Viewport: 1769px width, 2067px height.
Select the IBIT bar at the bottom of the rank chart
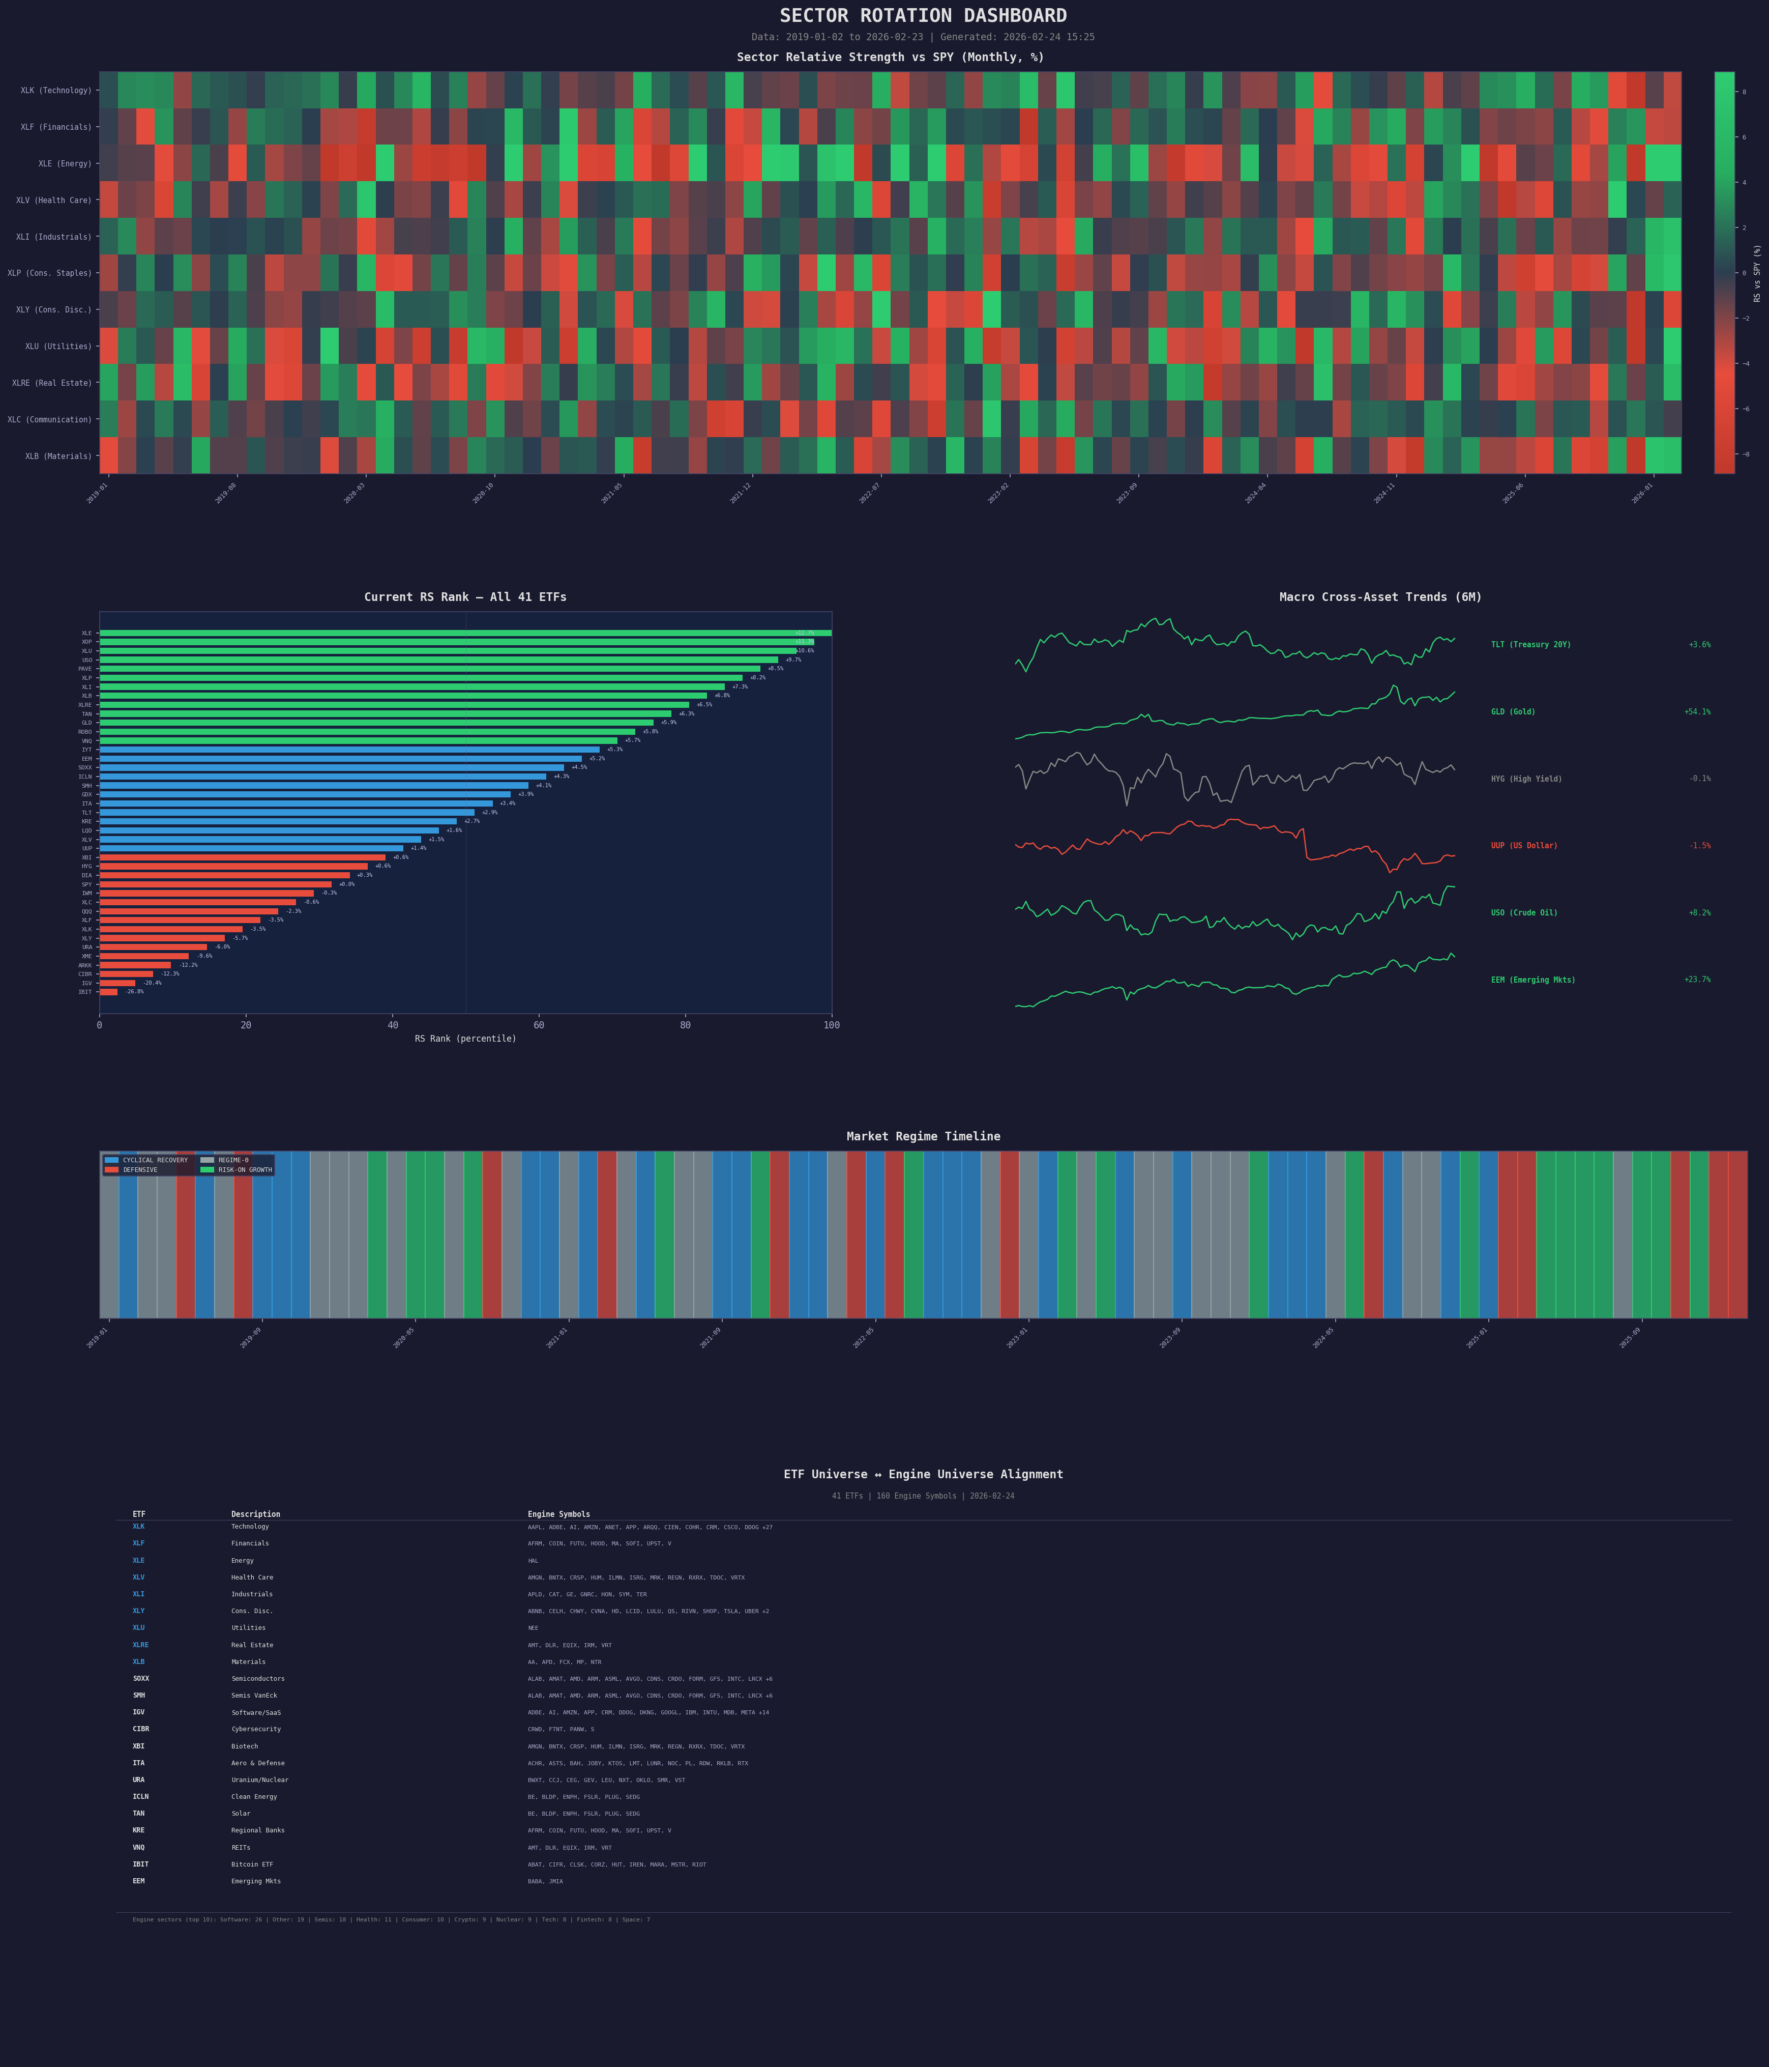click(x=108, y=992)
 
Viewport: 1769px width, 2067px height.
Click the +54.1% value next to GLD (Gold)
click(x=1697, y=712)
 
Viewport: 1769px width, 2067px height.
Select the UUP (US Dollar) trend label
click(x=1524, y=846)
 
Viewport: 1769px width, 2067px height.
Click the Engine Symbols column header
click(x=558, y=1514)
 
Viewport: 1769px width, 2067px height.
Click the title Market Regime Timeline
click(x=923, y=1136)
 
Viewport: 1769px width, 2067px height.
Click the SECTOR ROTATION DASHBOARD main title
click(x=923, y=16)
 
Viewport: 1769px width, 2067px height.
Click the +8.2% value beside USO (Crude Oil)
click(x=1699, y=913)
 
